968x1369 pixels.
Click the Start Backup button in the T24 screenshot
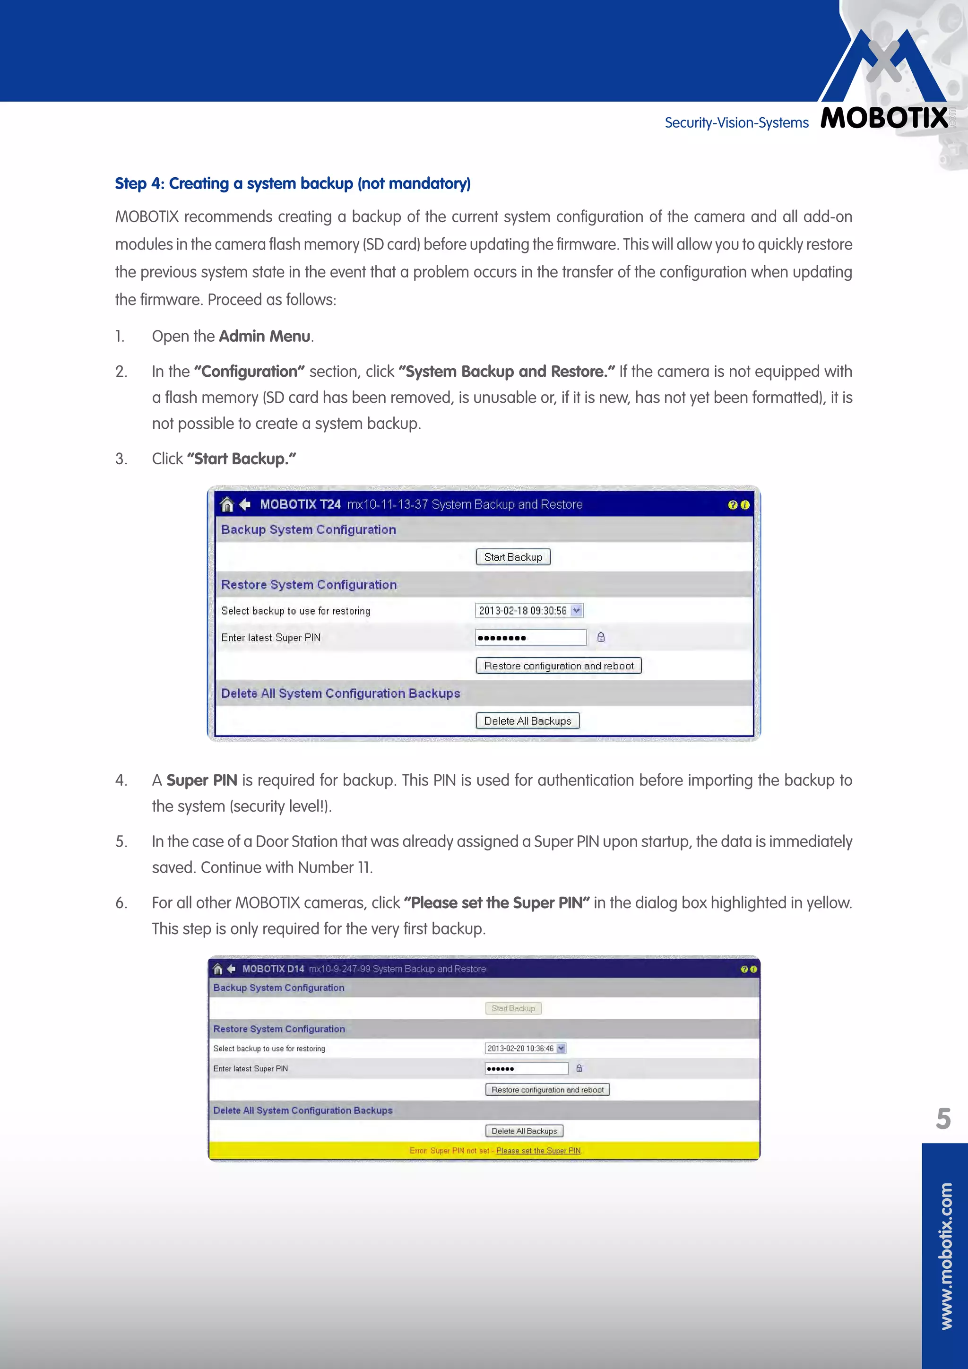[x=513, y=557]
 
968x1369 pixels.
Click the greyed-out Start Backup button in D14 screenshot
[x=513, y=1008]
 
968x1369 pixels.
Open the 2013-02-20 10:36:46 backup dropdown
[x=525, y=1048]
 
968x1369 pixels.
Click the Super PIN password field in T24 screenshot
[x=530, y=637]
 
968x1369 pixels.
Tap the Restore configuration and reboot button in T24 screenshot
[x=559, y=666]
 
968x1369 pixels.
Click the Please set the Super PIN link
[x=538, y=1151]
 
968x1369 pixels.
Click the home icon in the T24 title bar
[x=226, y=504]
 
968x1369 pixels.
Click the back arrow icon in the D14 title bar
[x=231, y=969]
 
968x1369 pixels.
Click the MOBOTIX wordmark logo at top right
[x=883, y=117]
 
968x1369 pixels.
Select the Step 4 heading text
[x=293, y=183]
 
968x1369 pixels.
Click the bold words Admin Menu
[x=264, y=336]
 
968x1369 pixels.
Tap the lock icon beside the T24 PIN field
[x=601, y=637]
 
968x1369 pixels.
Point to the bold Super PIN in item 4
[x=201, y=780]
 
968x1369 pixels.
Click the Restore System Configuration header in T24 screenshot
[x=309, y=585]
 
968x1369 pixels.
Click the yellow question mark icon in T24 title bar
[x=733, y=505]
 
